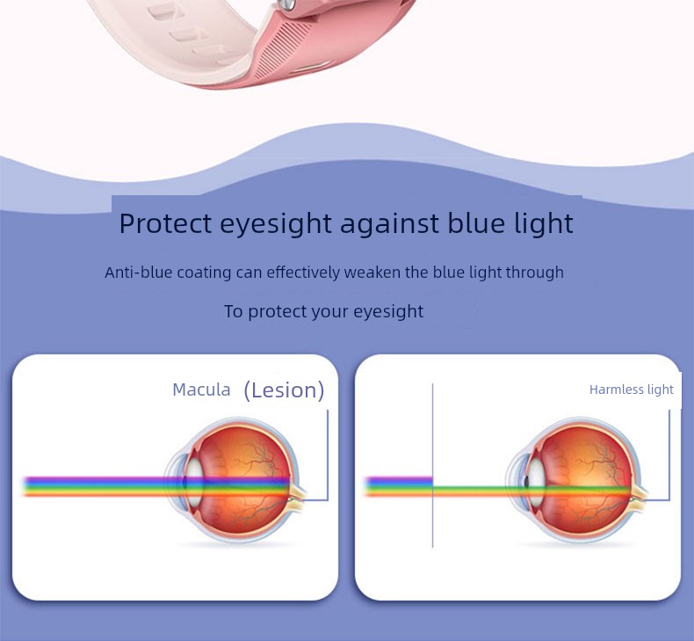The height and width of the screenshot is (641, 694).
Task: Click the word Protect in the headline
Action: [165, 222]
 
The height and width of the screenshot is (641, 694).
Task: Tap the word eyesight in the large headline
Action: [276, 224]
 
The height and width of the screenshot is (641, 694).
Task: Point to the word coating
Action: [204, 273]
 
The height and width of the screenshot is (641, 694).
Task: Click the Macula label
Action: [201, 390]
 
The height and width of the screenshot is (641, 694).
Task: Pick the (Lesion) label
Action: [284, 390]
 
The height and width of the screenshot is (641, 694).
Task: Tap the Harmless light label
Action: [631, 390]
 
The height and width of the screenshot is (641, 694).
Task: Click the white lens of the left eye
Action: [193, 482]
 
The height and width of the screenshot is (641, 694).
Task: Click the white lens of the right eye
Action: [536, 482]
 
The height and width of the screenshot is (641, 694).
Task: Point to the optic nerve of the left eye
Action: [298, 495]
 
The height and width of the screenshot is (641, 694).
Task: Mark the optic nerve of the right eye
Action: [640, 495]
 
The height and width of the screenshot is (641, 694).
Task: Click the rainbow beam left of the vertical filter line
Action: [398, 486]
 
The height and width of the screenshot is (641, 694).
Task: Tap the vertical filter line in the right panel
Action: [432, 465]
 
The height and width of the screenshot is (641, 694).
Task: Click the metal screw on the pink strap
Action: [288, 4]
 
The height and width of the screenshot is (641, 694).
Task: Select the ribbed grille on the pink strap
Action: [282, 47]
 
